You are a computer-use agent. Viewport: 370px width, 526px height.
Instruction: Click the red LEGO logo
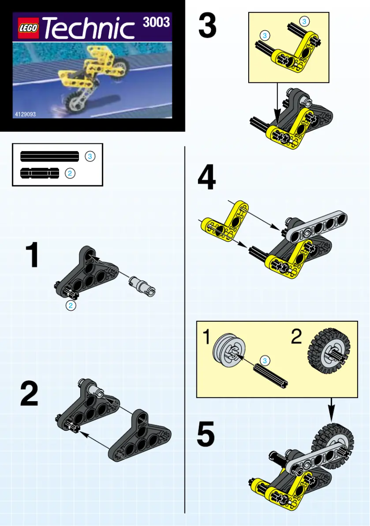point(29,29)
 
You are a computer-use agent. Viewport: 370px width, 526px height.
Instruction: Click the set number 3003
point(156,22)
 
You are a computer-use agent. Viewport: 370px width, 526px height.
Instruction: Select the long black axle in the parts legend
point(49,157)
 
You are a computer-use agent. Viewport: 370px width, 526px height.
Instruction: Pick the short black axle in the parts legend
point(40,173)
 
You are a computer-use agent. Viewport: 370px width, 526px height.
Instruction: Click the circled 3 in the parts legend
point(90,157)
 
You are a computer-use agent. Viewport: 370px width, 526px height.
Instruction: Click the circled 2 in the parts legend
point(70,174)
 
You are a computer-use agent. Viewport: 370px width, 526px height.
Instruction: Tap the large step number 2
point(30,394)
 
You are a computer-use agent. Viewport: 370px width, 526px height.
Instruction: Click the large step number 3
point(207,25)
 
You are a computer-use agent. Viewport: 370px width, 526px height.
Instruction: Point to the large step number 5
point(206,435)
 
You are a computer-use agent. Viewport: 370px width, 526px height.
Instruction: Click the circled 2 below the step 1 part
point(71,306)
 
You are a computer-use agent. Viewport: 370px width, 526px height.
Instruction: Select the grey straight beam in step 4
point(316,225)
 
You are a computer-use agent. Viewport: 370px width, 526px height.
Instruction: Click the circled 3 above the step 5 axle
point(264,360)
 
